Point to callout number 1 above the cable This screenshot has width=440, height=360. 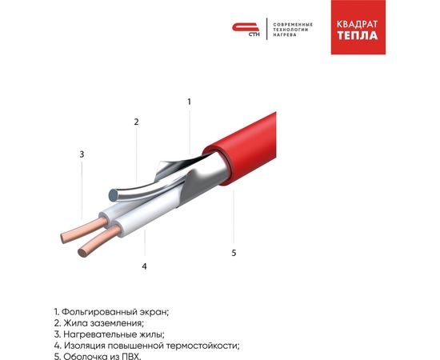tap(190, 102)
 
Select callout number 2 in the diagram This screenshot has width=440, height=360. tap(137, 122)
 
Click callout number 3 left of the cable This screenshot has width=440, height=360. tap(81, 154)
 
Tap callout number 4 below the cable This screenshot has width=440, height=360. tap(144, 266)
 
